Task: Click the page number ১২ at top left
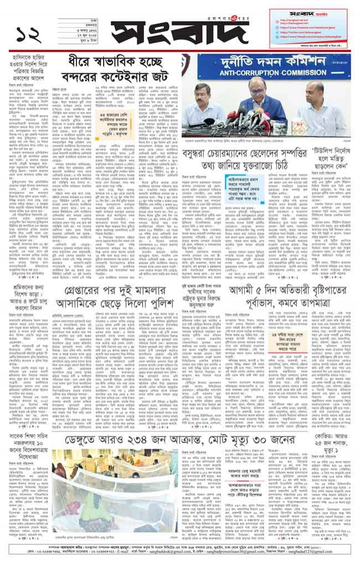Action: [31, 34]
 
